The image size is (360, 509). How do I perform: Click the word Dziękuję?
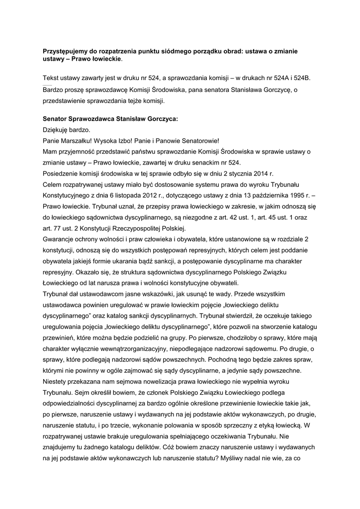58,130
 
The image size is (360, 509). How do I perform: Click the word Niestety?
57,381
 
